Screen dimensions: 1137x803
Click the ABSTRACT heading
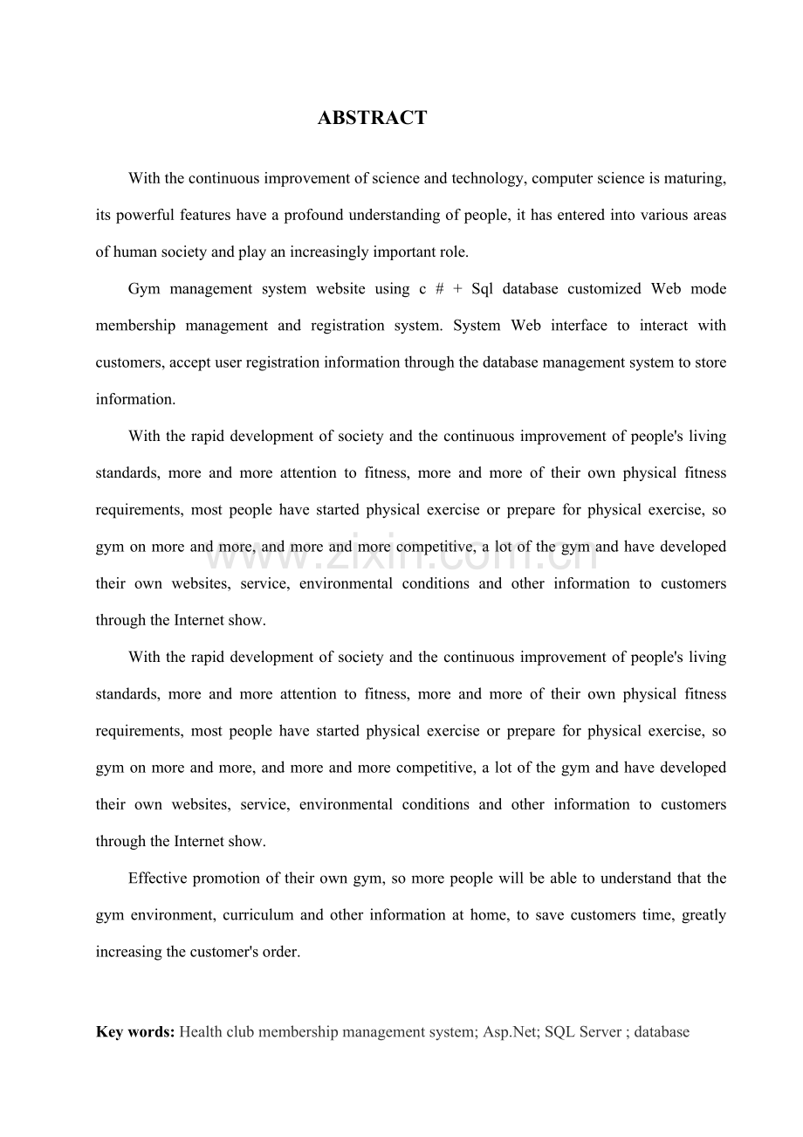pos(373,118)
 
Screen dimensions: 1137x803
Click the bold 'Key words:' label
pos(135,1031)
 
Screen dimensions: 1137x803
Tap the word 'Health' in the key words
pos(201,1031)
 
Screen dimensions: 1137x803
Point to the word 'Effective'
pos(158,879)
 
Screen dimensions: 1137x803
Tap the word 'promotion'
pos(226,879)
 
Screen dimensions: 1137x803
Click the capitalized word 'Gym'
pos(143,289)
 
